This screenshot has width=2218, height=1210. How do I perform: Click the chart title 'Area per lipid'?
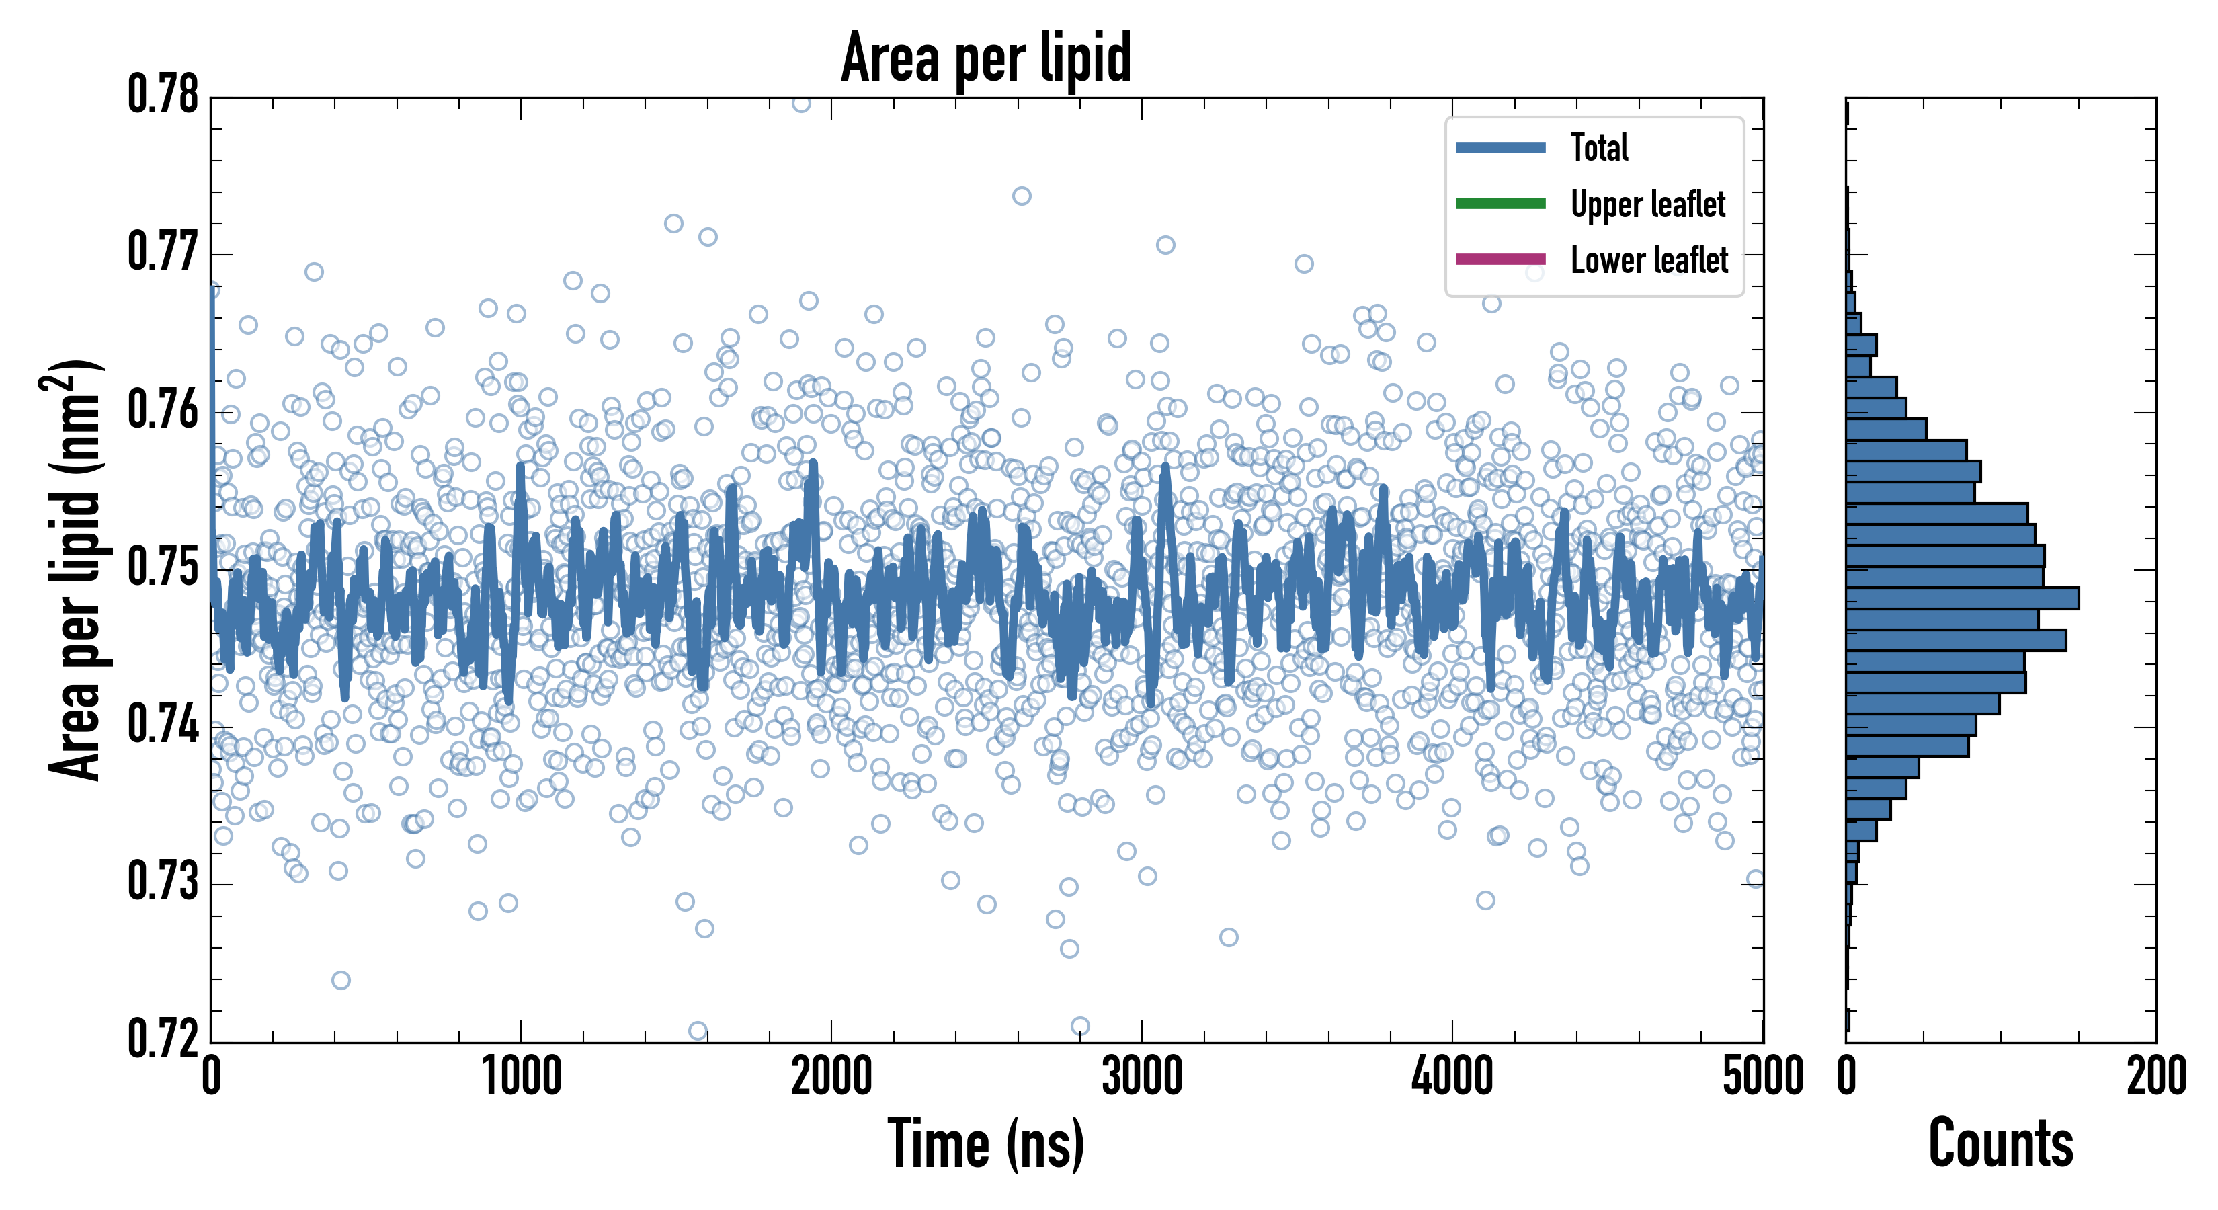tap(986, 58)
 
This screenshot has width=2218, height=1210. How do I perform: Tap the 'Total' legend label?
tap(1599, 147)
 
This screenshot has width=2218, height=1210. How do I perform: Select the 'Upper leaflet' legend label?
tap(1647, 204)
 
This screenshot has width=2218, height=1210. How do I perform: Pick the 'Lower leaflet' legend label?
tap(1649, 259)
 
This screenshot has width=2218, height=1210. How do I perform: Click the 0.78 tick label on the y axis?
tap(163, 95)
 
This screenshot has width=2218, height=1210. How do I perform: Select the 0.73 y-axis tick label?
tap(163, 882)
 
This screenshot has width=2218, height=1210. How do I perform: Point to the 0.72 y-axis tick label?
tap(163, 1039)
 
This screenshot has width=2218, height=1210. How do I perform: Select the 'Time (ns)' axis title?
tap(986, 1143)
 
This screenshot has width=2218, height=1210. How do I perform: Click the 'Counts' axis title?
tap(2001, 1143)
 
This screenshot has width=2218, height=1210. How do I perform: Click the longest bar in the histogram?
tap(1963, 598)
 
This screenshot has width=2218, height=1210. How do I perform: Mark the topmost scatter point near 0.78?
tap(800, 104)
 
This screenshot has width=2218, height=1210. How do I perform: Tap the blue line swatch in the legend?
tap(1500, 147)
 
